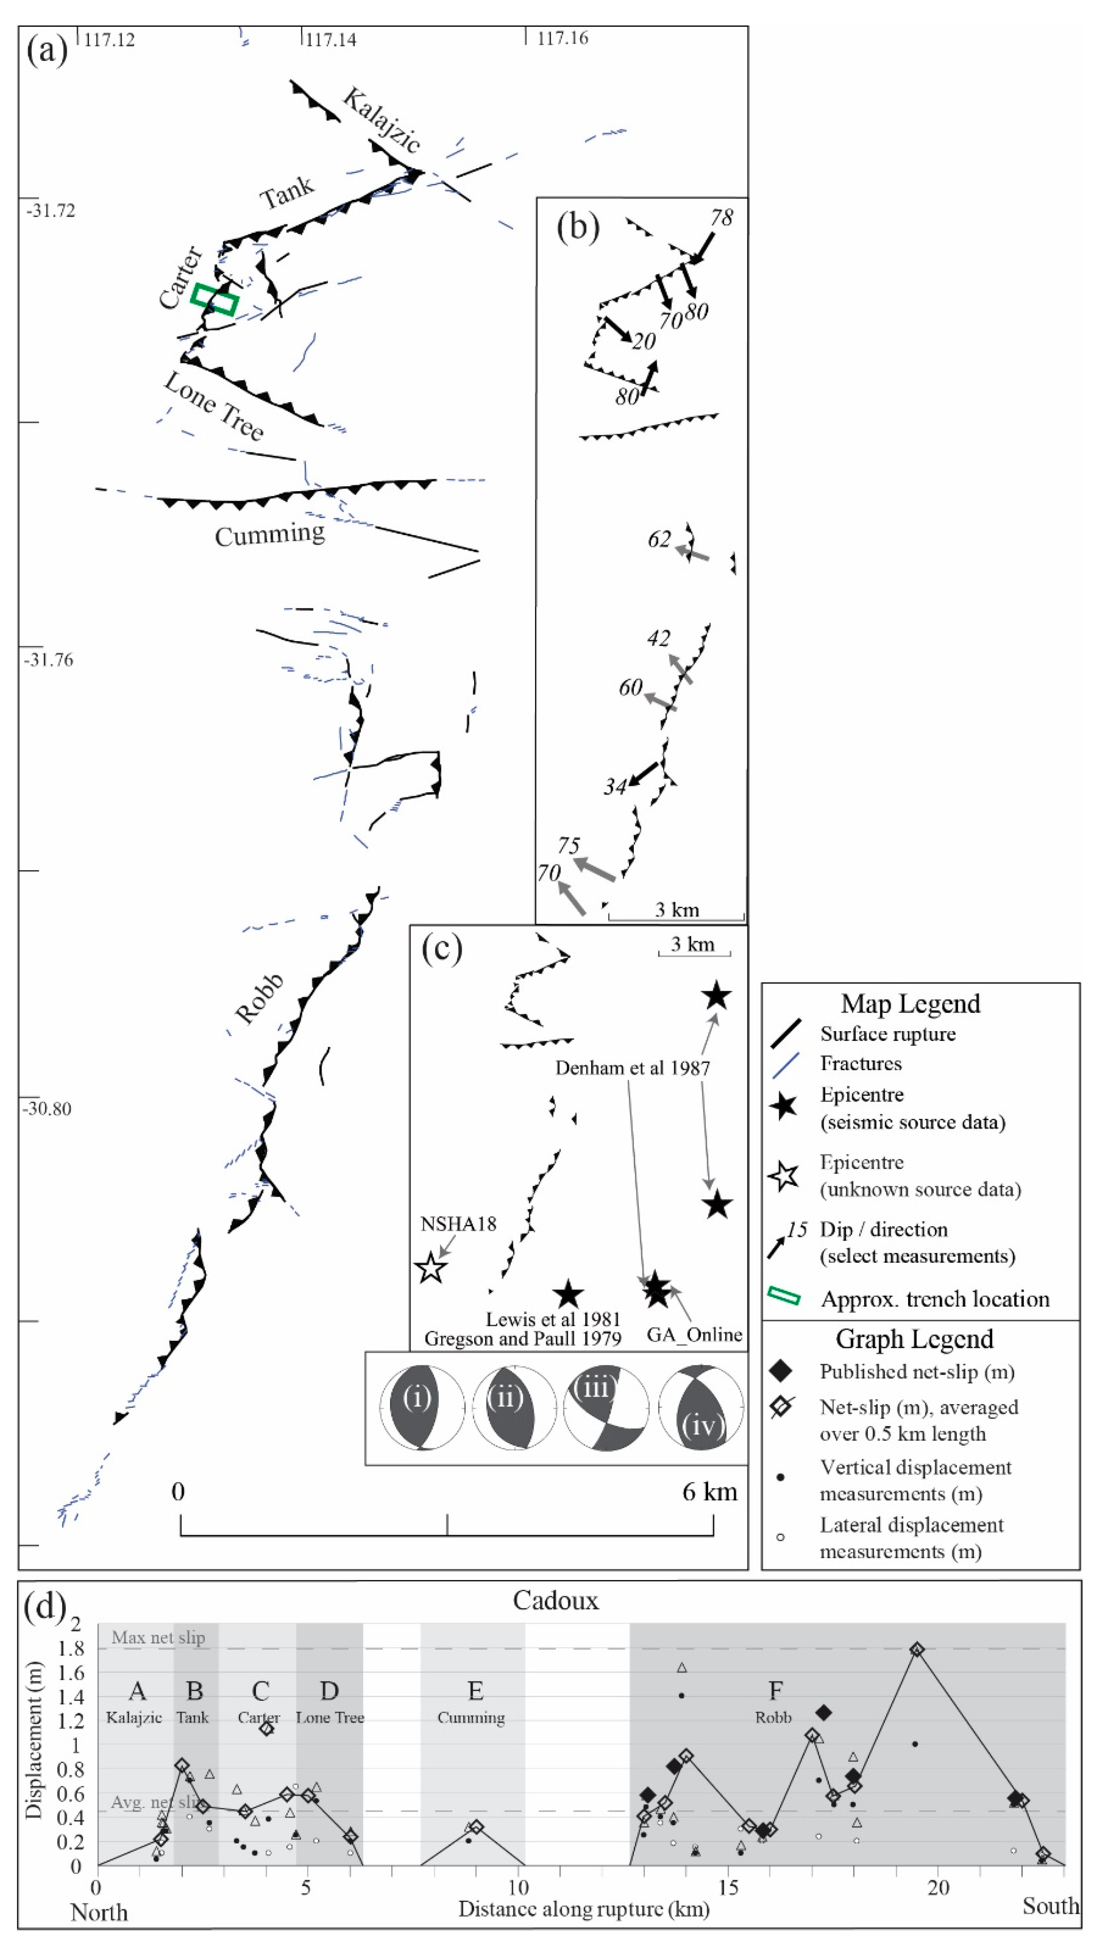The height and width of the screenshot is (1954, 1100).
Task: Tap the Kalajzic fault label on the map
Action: click(x=382, y=120)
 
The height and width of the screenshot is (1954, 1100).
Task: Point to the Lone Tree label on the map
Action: click(x=213, y=406)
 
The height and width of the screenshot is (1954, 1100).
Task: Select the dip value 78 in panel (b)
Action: click(x=722, y=218)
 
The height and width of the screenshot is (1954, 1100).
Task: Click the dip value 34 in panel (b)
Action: click(x=615, y=786)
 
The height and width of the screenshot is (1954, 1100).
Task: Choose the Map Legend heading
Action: click(x=910, y=1003)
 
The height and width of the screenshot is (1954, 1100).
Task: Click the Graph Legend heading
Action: click(x=914, y=1339)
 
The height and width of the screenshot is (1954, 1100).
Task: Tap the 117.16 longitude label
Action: click(x=562, y=38)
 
